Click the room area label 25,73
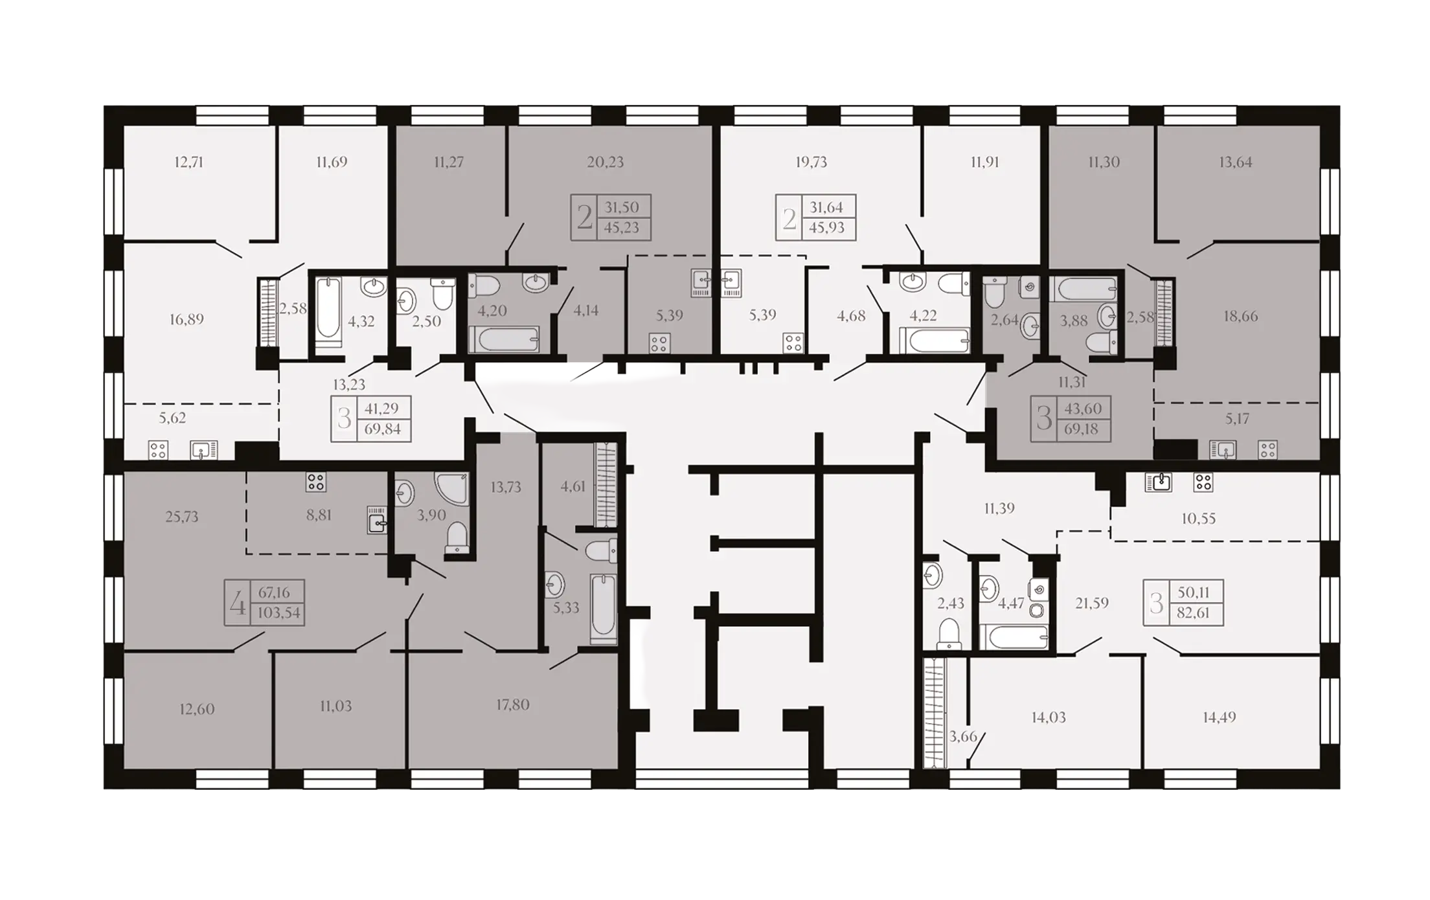[x=182, y=517]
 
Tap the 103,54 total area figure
[x=279, y=613]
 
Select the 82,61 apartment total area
[x=1193, y=613]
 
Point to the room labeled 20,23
[x=606, y=162]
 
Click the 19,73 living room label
[x=811, y=162]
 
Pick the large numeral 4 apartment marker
[x=238, y=603]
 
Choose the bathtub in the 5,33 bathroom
[x=604, y=608]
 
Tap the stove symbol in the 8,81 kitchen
[x=316, y=482]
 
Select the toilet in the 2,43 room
[x=949, y=633]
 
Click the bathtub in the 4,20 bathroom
[x=504, y=339]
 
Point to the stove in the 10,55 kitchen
[x=1203, y=482]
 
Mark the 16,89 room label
[x=187, y=319]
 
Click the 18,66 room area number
[x=1241, y=316]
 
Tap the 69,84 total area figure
[x=383, y=429]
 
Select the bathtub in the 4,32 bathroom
[x=328, y=311]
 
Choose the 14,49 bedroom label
[x=1220, y=717]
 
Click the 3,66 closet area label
[x=963, y=736]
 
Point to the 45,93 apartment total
[x=826, y=228]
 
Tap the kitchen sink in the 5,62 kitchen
[x=203, y=449]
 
